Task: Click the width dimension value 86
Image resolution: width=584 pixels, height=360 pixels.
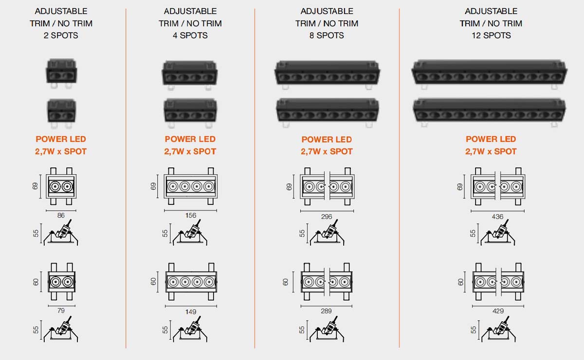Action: pyautogui.click(x=61, y=215)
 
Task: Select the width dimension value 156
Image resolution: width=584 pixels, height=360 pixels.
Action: pyautogui.click(x=190, y=216)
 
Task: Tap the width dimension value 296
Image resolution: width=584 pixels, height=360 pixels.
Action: pyautogui.click(x=327, y=216)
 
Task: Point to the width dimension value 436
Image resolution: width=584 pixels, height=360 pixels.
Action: pyautogui.click(x=497, y=216)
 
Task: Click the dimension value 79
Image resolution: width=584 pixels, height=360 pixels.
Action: pyautogui.click(x=61, y=310)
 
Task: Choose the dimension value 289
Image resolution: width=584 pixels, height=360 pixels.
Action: pyautogui.click(x=327, y=311)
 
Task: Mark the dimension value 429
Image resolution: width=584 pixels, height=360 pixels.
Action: pyautogui.click(x=497, y=311)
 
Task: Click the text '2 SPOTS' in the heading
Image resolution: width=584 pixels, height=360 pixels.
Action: pyautogui.click(x=61, y=35)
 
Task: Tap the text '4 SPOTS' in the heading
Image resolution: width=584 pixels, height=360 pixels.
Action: pyautogui.click(x=190, y=35)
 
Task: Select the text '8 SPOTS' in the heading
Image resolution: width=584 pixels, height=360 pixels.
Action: pyautogui.click(x=327, y=35)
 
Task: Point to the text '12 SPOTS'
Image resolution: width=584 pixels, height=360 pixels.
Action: pyautogui.click(x=491, y=35)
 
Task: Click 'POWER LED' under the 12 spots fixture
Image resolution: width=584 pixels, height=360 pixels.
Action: pyautogui.click(x=491, y=139)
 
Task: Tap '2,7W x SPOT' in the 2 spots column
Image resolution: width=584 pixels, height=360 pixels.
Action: pyautogui.click(x=61, y=151)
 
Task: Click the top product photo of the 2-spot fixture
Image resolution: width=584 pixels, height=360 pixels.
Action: pyautogui.click(x=61, y=72)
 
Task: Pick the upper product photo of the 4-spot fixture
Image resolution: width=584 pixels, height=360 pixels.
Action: pyautogui.click(x=189, y=74)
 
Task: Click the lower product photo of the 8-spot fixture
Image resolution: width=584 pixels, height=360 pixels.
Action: pyautogui.click(x=327, y=110)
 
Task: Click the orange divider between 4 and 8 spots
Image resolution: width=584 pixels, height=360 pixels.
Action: pyautogui.click(x=255, y=175)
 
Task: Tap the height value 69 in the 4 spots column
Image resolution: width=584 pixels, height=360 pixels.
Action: pyautogui.click(x=154, y=186)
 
